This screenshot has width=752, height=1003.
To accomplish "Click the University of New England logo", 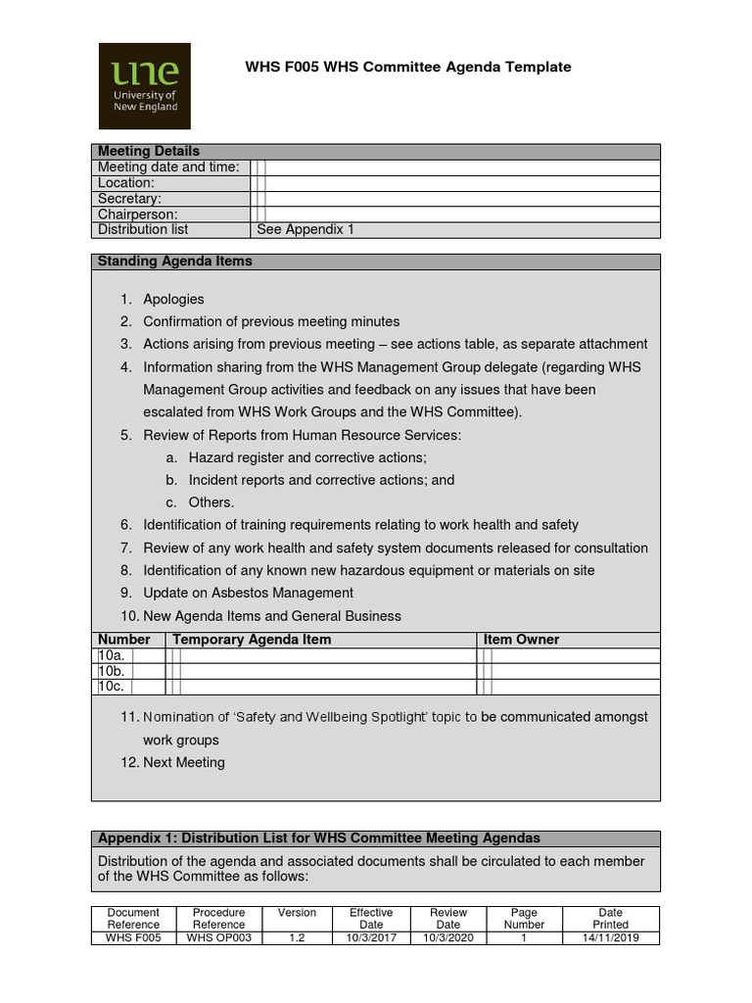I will pos(145,86).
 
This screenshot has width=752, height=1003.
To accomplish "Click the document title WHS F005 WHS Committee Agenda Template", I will pos(407,67).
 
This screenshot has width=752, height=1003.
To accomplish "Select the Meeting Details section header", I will pos(148,151).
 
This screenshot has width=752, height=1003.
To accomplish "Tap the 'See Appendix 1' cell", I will pos(305,229).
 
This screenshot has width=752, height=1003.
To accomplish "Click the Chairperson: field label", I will pos(138,214).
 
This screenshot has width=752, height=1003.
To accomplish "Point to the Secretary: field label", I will pos(129,198).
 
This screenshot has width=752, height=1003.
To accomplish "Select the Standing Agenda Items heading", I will pos(174,261).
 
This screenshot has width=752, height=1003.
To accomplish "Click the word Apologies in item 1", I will pos(173,299).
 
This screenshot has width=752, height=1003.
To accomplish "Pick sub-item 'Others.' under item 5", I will pos(211,502).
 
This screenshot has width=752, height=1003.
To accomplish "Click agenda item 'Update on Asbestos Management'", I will pos(248,593).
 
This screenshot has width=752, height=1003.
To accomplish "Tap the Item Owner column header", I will pos(522,639).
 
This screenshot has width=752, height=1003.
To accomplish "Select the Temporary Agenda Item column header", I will pos(252,639).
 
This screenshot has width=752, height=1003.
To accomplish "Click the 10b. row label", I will pos(111,671).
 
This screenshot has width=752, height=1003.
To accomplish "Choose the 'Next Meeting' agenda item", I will pos(183,762).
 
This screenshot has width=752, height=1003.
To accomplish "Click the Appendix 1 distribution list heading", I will pos(319,838).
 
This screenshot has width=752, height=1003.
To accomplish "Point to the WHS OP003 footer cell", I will pos(218,937).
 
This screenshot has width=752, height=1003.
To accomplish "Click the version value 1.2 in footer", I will pos(297,937).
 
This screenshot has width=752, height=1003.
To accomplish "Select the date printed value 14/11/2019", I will pos(610,937).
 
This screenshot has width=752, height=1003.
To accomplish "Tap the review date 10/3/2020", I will pos(447,937).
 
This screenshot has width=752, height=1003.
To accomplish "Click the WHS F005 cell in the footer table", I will pos(133,937).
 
